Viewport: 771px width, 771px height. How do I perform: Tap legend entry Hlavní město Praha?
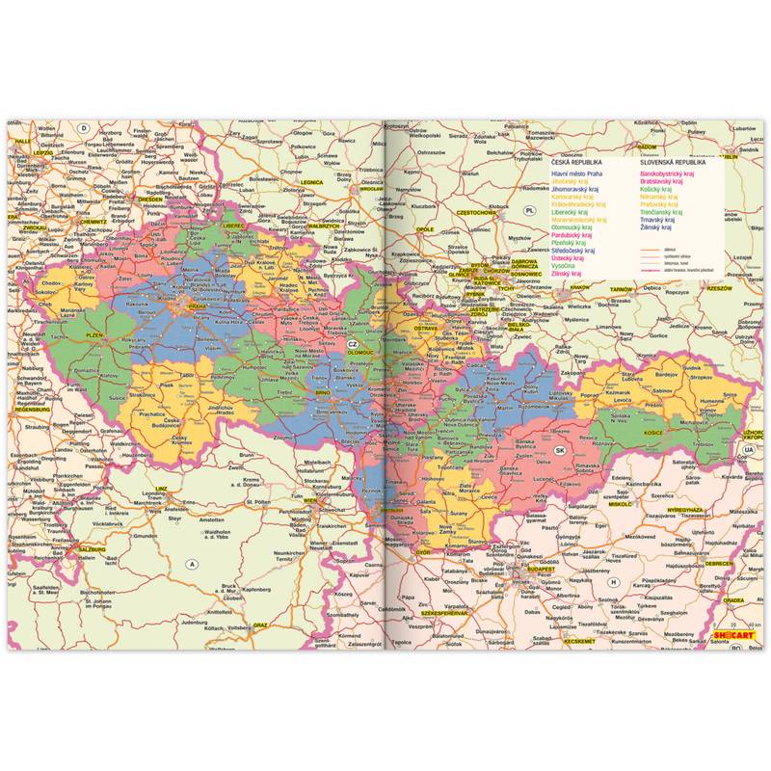coord(576,173)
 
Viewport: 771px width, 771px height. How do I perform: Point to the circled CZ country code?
coord(352,344)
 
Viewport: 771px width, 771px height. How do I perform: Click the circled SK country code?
coord(559,450)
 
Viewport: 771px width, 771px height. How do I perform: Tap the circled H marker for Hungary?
coord(613,580)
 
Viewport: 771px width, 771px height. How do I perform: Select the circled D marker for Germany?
coord(84,128)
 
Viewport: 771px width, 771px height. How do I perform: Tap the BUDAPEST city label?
coord(541,570)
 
